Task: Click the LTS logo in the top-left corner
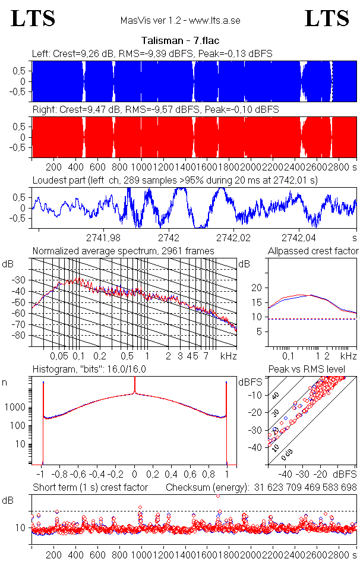33,19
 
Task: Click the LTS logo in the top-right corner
327,19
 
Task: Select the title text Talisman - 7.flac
179,41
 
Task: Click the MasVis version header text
179,21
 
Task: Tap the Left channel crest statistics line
152,53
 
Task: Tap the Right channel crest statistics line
155,110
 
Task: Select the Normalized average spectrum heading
123,251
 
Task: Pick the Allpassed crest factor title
313,251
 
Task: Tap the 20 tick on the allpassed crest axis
257,288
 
